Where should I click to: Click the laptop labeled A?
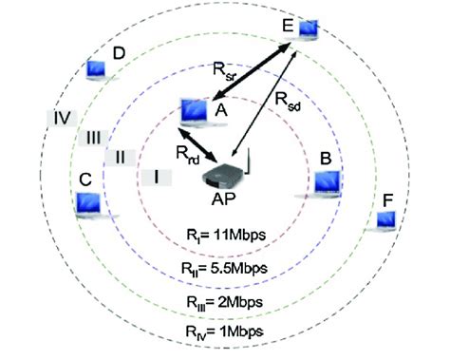194,111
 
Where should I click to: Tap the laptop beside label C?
90,201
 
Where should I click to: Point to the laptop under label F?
385,220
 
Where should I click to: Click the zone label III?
94,138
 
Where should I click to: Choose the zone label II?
121,157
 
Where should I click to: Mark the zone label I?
157,176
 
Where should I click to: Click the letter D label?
119,53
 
